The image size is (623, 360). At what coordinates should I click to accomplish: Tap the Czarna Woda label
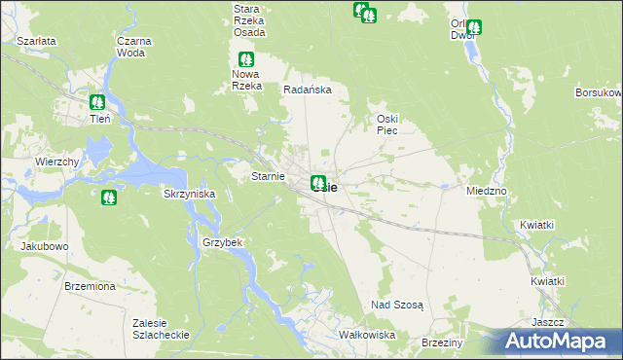[x=130, y=47]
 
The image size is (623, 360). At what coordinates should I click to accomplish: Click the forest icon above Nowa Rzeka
[x=246, y=59]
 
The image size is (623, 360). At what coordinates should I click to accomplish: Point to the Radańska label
[x=308, y=90]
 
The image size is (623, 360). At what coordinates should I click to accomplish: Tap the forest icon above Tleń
[x=96, y=101]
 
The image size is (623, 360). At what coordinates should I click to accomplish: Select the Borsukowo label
[x=598, y=92]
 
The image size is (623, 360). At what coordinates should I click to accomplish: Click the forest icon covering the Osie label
[x=318, y=182]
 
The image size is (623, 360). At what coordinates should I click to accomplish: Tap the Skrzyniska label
[x=189, y=194]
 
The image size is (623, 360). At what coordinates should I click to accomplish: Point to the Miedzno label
[x=486, y=191]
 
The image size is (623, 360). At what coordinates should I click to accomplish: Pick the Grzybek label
[x=221, y=241]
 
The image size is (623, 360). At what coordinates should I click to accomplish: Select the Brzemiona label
[x=90, y=286]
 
